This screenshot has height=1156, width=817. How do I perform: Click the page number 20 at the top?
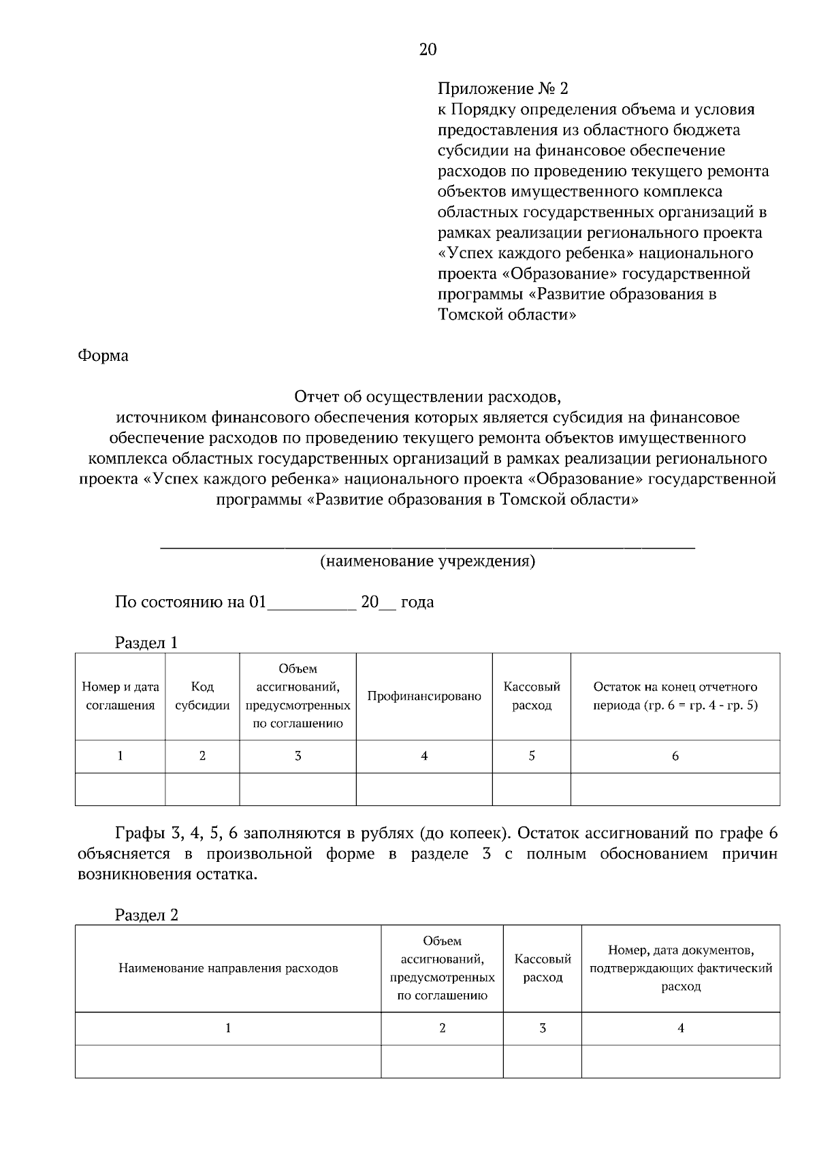point(428,50)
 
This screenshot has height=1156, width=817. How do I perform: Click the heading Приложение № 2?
point(502,89)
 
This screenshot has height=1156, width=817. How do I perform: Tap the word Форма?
point(103,356)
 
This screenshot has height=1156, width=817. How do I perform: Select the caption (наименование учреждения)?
point(428,562)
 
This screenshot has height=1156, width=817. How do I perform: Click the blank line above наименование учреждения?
point(428,543)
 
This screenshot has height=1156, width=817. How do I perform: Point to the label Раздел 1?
point(146,643)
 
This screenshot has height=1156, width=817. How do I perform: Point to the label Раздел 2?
point(146,915)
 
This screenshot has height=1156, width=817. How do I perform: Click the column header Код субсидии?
point(202,696)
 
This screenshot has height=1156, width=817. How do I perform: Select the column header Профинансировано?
point(424,696)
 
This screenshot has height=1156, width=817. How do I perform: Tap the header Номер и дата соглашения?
point(121,696)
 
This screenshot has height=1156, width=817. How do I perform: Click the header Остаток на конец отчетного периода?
point(675,696)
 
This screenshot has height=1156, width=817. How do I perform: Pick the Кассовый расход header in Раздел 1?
point(532,696)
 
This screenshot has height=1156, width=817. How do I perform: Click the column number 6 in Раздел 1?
point(675,756)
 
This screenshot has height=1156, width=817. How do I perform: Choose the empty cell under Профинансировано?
point(424,789)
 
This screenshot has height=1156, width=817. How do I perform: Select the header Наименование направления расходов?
point(228,968)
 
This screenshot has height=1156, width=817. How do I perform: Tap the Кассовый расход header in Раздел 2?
point(543,968)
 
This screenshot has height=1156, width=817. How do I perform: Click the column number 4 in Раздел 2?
point(681,1028)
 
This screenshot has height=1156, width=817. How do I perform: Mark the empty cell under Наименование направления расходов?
point(228,1061)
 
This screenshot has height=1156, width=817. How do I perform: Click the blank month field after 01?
point(312,604)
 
